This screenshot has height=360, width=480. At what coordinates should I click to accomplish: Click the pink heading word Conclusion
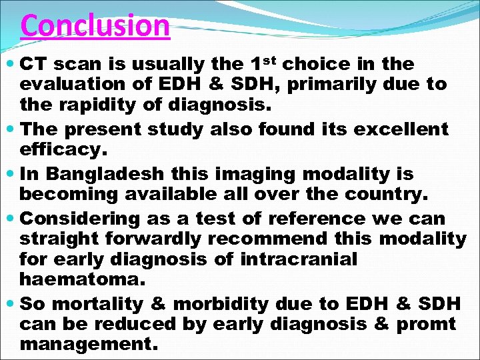pyautogui.click(x=95, y=26)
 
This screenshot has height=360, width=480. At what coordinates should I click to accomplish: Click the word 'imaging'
pyautogui.click(x=257, y=175)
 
